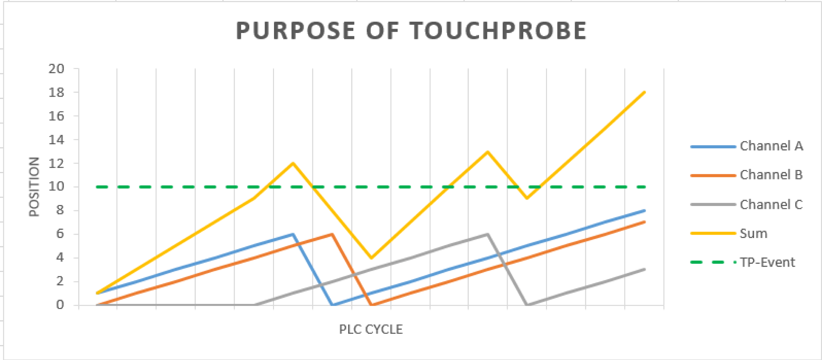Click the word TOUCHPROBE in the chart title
498,31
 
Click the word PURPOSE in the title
295,31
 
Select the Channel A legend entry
771,146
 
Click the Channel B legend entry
771,175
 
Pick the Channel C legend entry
771,204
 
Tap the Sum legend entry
753,233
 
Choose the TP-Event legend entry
767,262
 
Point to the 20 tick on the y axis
56,69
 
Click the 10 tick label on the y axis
56,186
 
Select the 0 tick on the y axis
60,305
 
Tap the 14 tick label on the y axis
56,140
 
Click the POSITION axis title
34,187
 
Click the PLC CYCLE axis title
371,329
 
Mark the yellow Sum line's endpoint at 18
644,92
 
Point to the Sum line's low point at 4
371,258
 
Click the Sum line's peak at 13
488,152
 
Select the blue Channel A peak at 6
293,234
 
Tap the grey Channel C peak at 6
488,234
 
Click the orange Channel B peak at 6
332,234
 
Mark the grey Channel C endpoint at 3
644,269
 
